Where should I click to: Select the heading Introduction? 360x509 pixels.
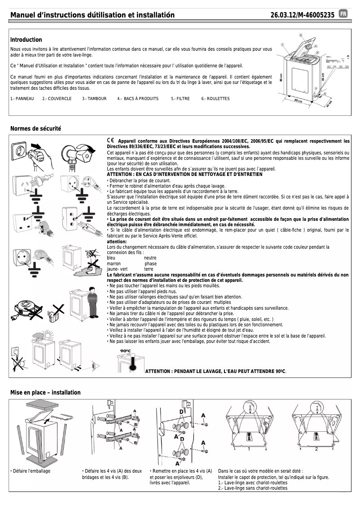(26, 40)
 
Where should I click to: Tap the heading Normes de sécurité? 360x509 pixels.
(35, 129)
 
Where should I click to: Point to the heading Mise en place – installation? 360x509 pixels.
(45, 392)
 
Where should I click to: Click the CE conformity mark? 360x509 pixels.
(111, 141)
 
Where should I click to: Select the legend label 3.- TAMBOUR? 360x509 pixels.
(94, 99)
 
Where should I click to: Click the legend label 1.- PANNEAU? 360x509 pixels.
(22, 99)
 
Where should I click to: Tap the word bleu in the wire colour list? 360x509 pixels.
(111, 258)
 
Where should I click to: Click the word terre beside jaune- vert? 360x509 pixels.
(149, 269)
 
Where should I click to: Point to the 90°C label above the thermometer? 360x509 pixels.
(125, 351)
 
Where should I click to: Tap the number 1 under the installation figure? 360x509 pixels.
(248, 449)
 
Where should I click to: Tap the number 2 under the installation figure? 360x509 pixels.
(316, 449)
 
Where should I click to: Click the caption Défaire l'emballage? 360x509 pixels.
(31, 471)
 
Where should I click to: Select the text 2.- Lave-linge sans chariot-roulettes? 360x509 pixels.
(253, 488)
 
